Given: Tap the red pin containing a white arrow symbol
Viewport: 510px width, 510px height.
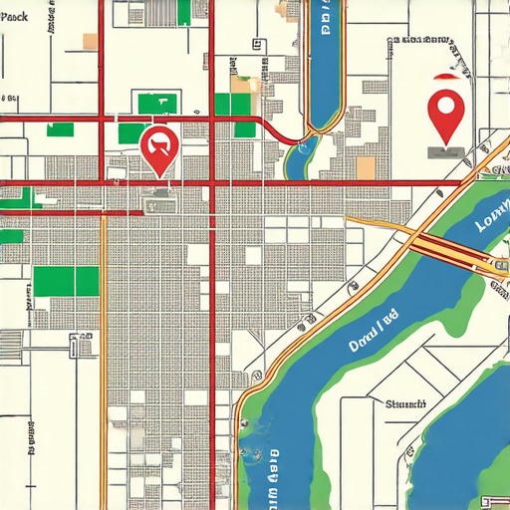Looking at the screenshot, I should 159,147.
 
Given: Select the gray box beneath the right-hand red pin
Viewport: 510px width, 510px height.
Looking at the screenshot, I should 444,152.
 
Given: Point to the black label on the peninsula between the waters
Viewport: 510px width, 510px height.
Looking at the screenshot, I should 404,404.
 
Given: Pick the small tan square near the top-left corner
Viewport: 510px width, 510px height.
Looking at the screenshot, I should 90,41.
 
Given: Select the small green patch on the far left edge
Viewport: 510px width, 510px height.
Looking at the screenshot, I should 11,237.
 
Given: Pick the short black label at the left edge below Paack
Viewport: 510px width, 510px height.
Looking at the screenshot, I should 9,99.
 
